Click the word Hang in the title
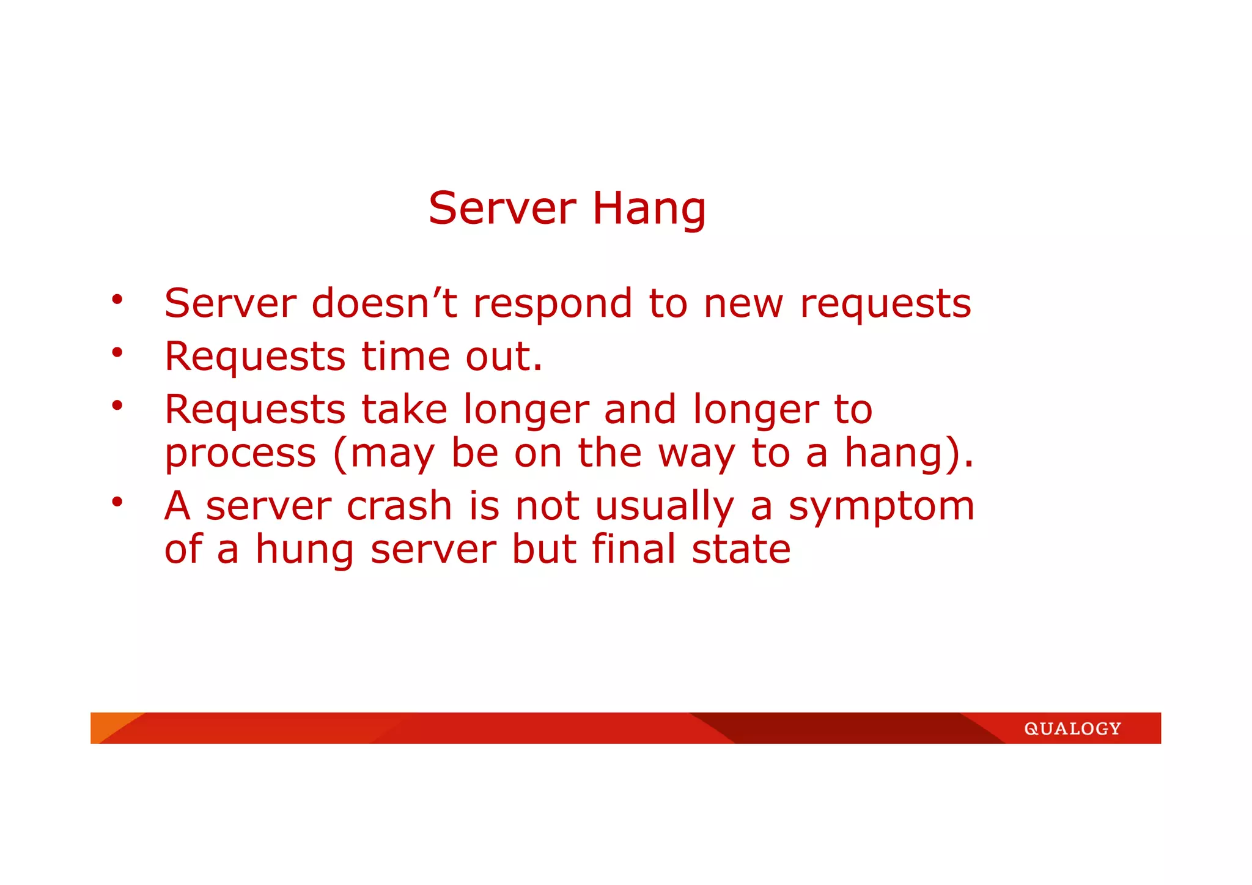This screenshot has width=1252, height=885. (x=649, y=209)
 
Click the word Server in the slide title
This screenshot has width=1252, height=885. (x=502, y=209)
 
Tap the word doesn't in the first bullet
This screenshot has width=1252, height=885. (x=384, y=303)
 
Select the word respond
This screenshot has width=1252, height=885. (x=553, y=305)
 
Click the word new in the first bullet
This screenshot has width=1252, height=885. (x=743, y=305)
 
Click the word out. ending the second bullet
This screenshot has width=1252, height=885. (x=504, y=357)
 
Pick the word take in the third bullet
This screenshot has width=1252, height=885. (x=404, y=409)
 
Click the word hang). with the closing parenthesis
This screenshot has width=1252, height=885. (x=908, y=454)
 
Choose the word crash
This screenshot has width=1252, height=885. (x=399, y=506)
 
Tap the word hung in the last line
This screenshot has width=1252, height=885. (x=304, y=550)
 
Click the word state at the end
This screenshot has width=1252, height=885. (x=741, y=550)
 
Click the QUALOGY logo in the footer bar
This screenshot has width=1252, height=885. (x=1072, y=728)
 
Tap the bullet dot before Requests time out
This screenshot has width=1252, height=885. (x=117, y=352)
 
